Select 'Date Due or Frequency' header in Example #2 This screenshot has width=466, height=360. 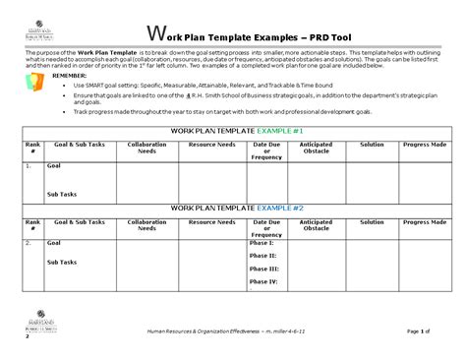[x=267, y=228]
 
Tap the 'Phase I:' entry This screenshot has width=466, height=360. [x=262, y=242]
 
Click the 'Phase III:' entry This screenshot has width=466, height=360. [x=264, y=268]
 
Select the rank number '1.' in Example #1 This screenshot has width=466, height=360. [x=29, y=166]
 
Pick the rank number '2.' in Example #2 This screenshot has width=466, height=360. [x=29, y=242]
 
